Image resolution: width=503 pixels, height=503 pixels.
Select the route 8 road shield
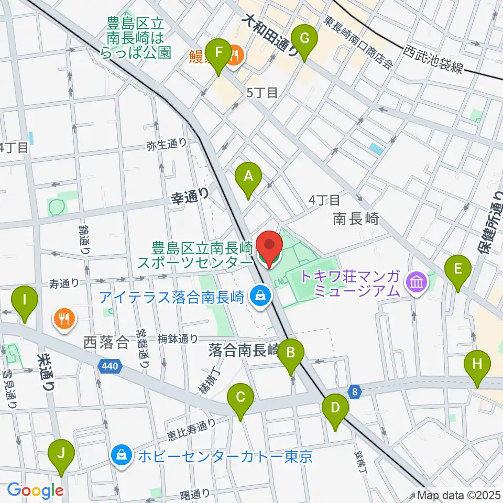(355, 390)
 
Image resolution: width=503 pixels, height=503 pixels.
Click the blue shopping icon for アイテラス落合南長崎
(260, 297)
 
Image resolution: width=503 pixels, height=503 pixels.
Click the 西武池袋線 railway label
(433, 59)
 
